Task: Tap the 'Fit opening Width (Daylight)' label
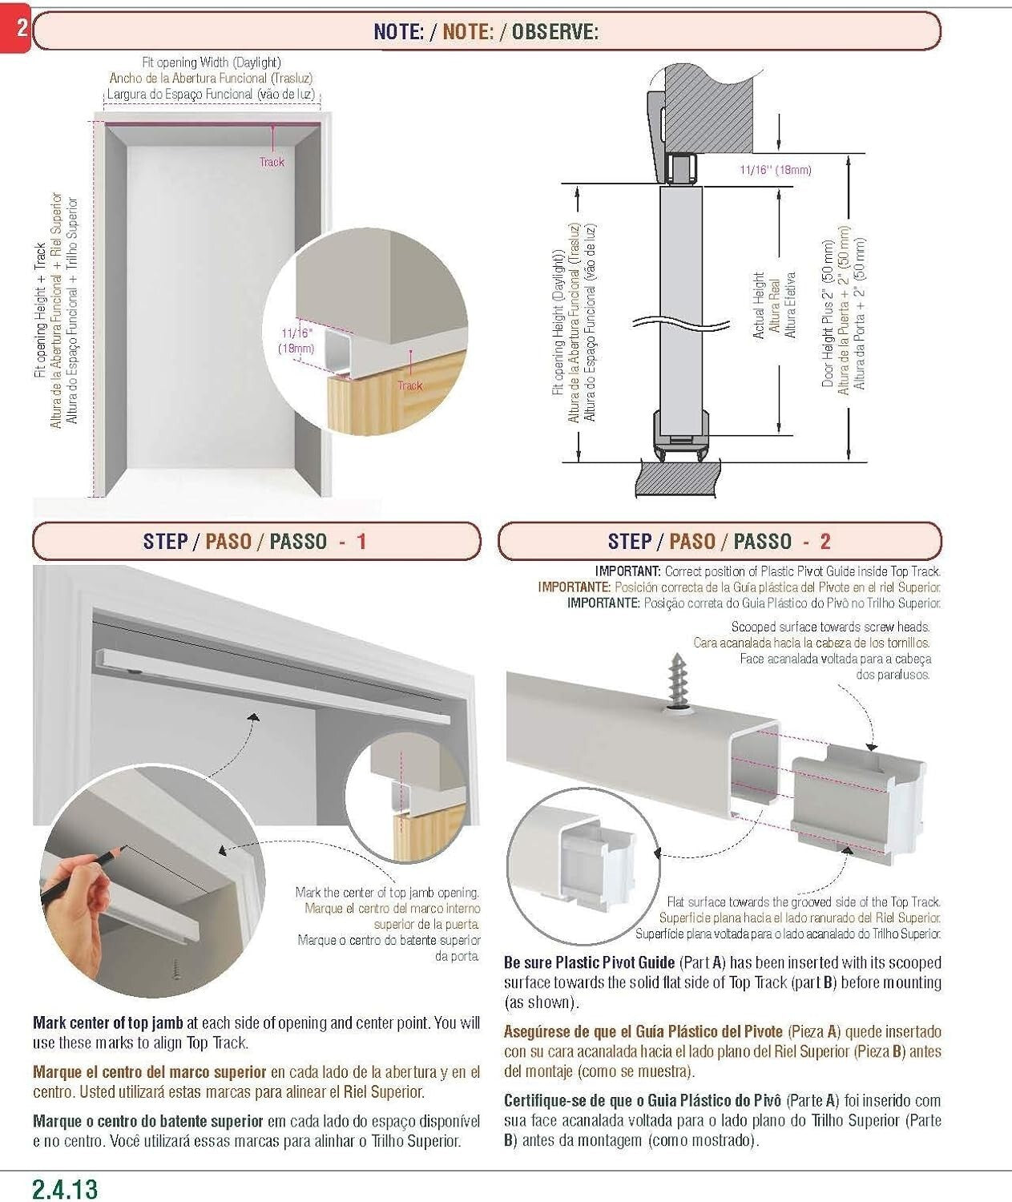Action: (x=211, y=62)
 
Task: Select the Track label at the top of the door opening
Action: (x=272, y=162)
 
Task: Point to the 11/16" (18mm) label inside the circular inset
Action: (x=296, y=340)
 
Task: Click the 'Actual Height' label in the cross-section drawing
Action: (x=759, y=305)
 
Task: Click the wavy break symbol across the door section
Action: (x=680, y=325)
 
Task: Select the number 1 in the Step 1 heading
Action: (x=361, y=542)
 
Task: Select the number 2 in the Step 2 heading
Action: (x=825, y=542)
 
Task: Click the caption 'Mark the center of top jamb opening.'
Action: (x=387, y=892)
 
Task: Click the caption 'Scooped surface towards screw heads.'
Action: (x=830, y=627)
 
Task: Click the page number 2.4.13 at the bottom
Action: (x=66, y=1188)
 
